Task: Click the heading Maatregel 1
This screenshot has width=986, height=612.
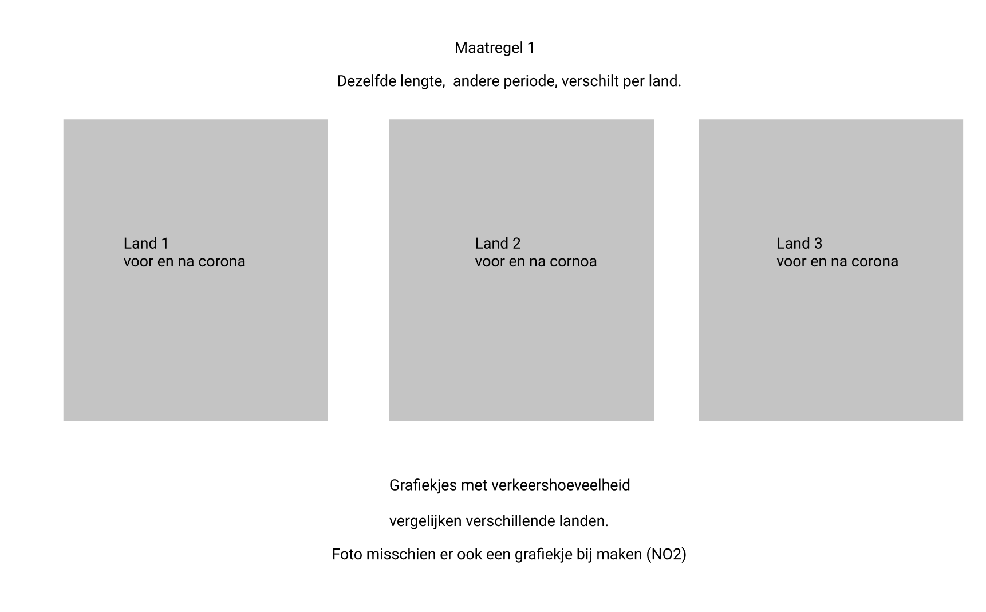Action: [x=494, y=48]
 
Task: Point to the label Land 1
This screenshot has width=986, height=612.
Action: [x=146, y=244]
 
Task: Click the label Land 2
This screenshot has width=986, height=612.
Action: [x=498, y=244]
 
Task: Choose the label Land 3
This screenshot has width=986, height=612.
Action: [x=799, y=244]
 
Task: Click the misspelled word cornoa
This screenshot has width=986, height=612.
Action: [x=573, y=262]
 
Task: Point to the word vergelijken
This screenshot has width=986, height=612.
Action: [x=425, y=521]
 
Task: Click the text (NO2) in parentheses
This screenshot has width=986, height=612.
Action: [x=666, y=555]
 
